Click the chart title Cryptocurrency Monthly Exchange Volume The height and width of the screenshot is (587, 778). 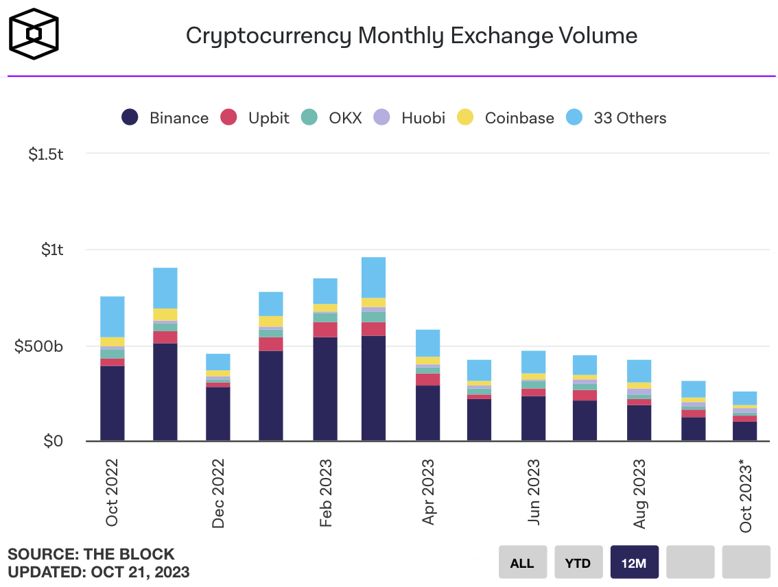(x=412, y=36)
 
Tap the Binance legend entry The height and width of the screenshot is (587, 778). (x=165, y=118)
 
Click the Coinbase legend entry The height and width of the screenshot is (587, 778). (x=507, y=118)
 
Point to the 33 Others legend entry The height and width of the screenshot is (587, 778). (x=616, y=118)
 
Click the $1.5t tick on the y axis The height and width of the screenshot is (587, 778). (x=46, y=154)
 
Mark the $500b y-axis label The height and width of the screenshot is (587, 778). (x=39, y=346)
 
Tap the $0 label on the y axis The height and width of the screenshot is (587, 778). (x=54, y=442)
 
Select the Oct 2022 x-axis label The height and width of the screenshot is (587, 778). (x=112, y=492)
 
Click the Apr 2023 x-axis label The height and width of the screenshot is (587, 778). (x=429, y=492)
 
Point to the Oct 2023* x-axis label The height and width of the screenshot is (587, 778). (x=746, y=498)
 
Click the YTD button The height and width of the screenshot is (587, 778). (x=578, y=563)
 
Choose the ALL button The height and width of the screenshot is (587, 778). (x=522, y=563)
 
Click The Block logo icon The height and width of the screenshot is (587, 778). (x=33, y=34)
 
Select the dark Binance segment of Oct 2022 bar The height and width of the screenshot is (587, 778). (x=113, y=403)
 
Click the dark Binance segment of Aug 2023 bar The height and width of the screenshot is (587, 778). (x=639, y=422)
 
